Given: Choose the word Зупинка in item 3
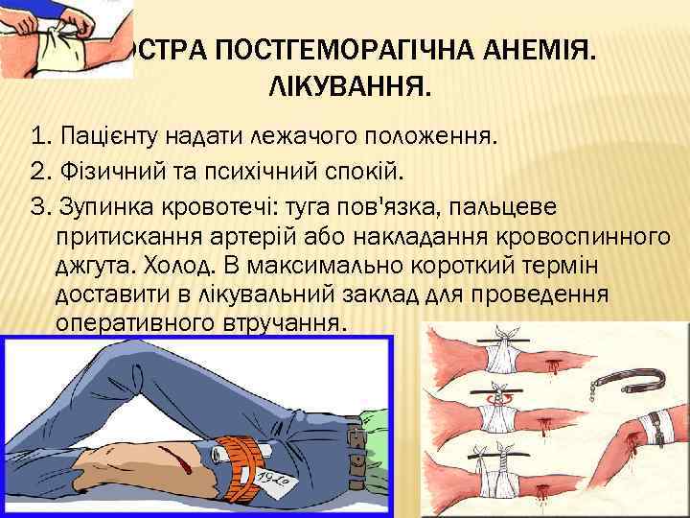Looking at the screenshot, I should click(102, 209).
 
